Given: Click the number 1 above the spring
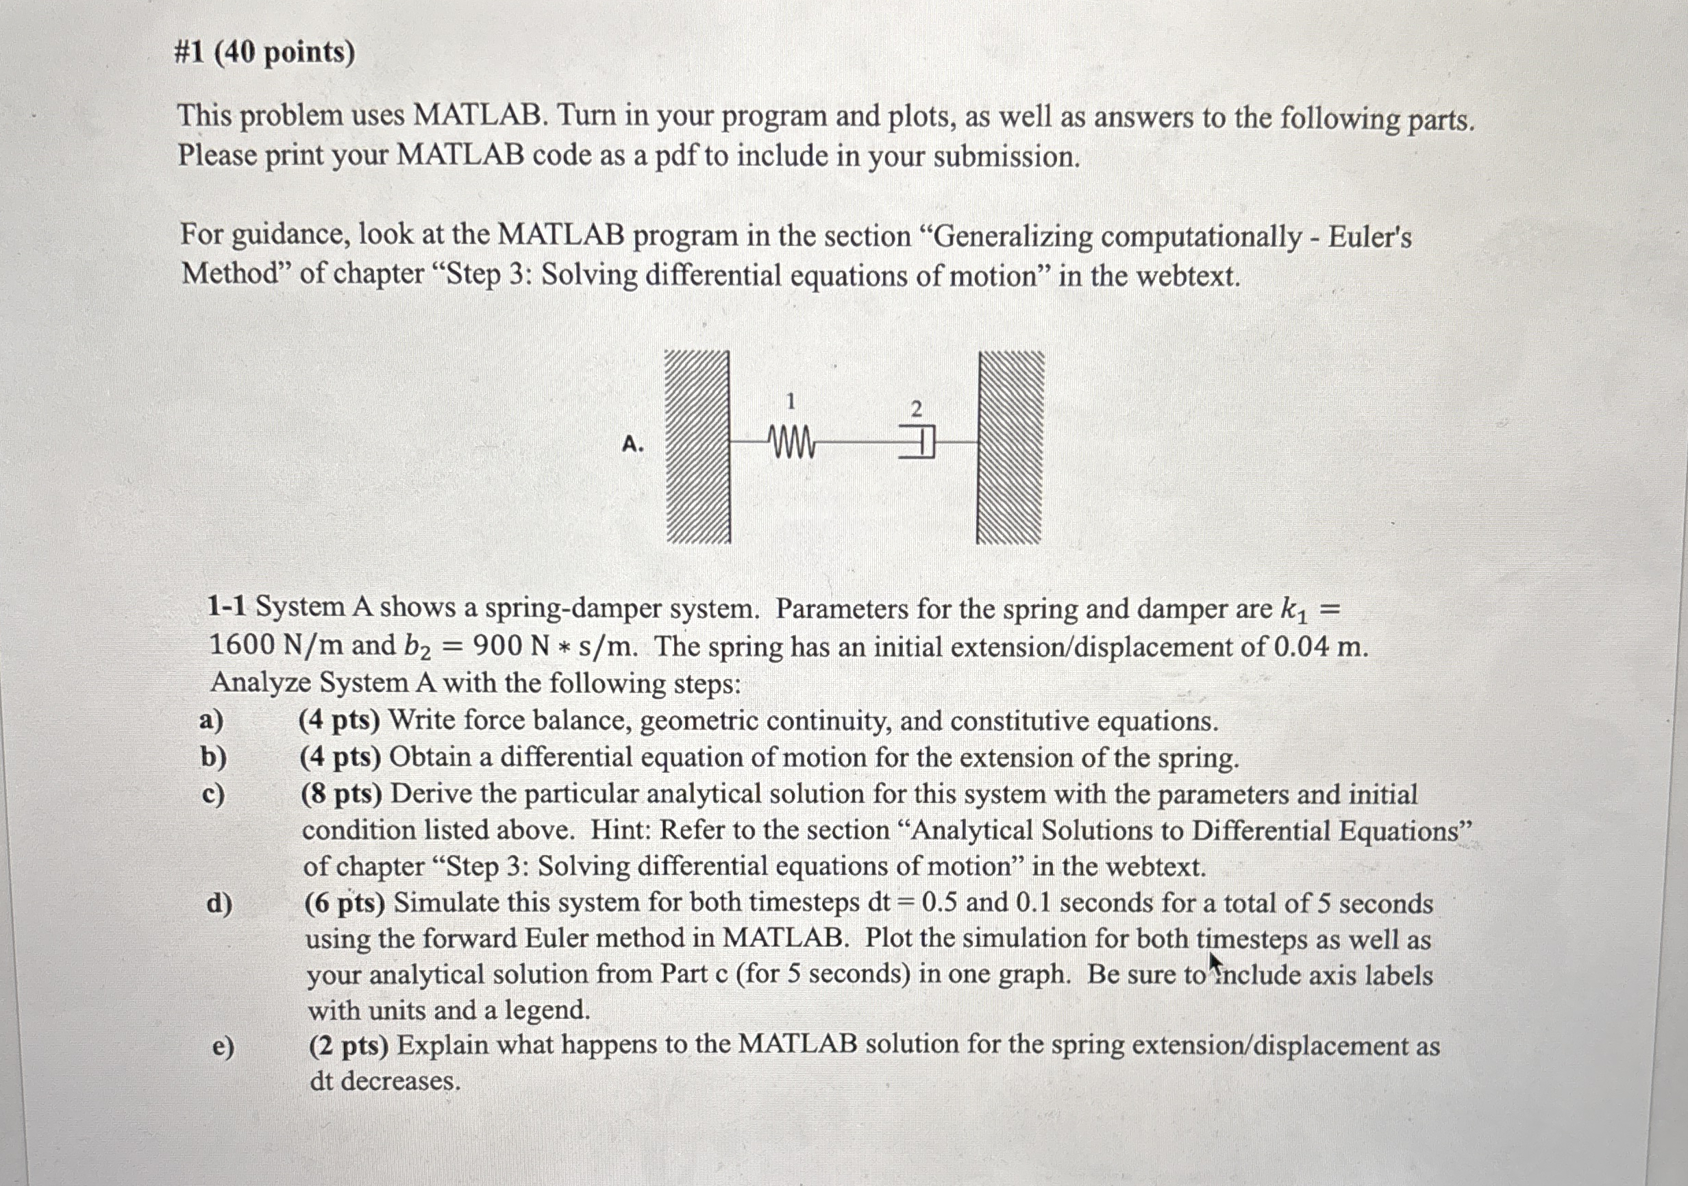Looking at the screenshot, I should tap(791, 401).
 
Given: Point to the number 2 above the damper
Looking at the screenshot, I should tap(916, 409).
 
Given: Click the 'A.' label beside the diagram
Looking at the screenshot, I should tap(632, 444).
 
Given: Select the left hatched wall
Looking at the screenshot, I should tap(697, 447).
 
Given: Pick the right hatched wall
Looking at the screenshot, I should tap(1009, 447).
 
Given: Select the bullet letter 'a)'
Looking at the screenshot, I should tap(212, 720).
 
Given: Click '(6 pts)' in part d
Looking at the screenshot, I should tap(345, 903).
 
